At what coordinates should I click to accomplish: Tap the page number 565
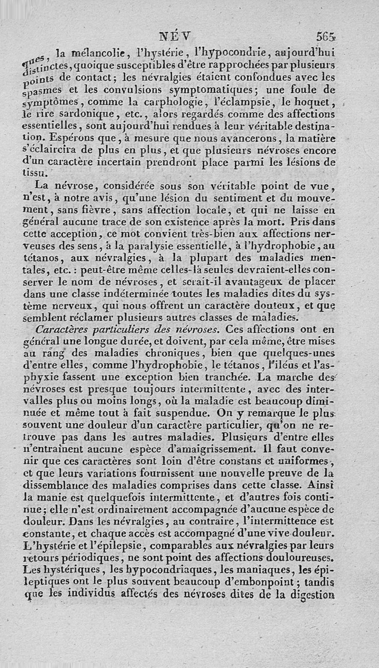tap(326, 36)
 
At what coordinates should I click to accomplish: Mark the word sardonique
tap(79, 114)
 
